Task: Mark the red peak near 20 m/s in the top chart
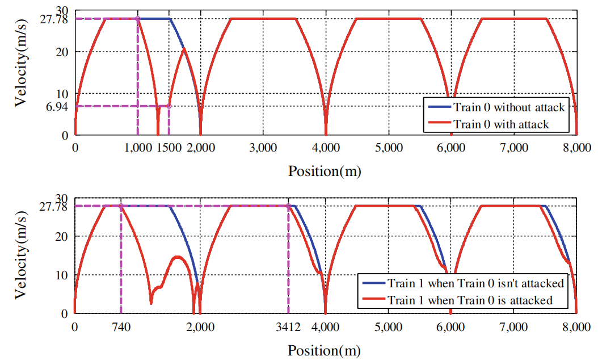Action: point(184,49)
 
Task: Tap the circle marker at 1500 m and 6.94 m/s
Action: point(169,106)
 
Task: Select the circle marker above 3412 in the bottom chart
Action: point(288,206)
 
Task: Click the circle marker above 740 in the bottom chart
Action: point(121,206)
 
